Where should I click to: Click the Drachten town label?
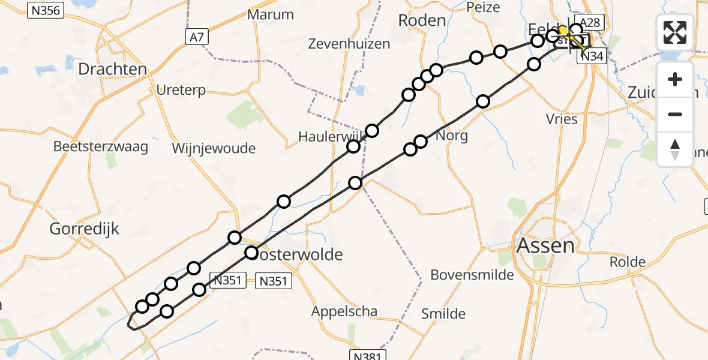tap(113, 69)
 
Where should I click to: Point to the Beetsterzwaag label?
tap(101, 147)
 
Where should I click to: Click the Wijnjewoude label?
tap(214, 148)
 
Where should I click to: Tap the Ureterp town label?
tap(181, 91)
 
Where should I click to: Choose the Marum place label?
tap(271, 15)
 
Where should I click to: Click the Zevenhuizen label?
tap(349, 44)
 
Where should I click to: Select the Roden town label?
tap(422, 21)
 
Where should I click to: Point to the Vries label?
tap(562, 119)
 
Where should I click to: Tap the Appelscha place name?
tap(344, 311)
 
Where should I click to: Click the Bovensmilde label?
tap(472, 275)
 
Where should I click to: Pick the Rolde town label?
tap(628, 262)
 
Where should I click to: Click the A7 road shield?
tap(196, 37)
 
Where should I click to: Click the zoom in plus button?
tap(675, 80)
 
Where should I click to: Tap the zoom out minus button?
tap(675, 114)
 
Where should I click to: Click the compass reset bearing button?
tap(675, 149)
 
